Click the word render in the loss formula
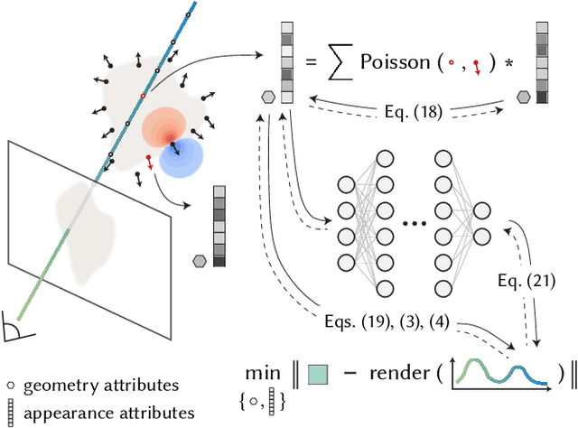point(395,373)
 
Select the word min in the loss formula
point(261,372)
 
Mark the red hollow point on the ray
point(143,95)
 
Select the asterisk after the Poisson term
point(507,63)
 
